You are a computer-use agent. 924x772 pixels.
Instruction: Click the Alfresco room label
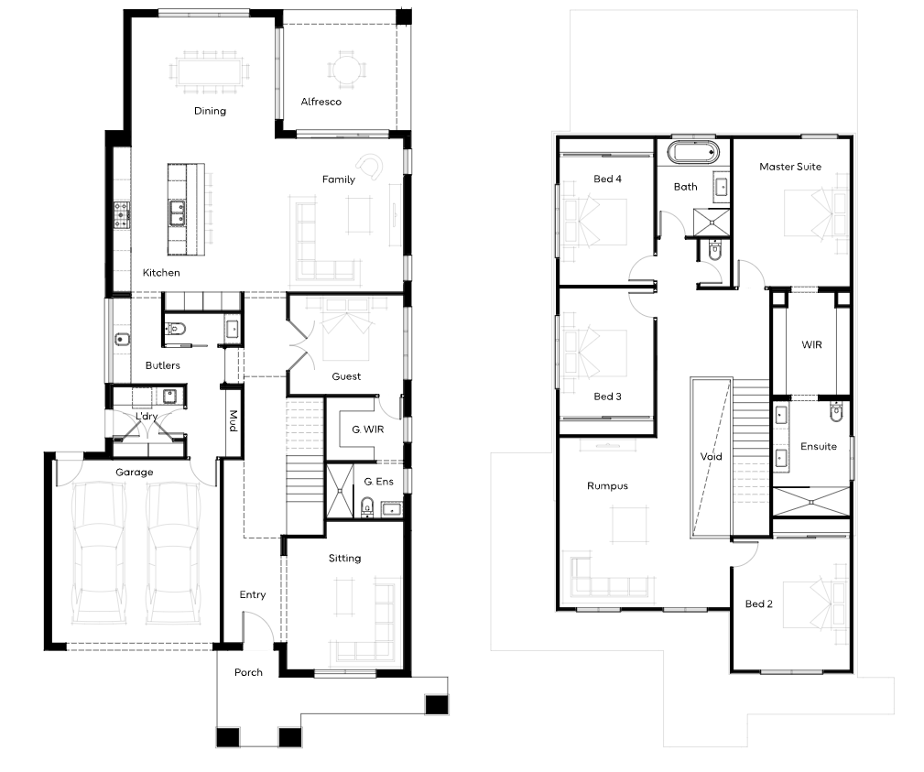tap(321, 102)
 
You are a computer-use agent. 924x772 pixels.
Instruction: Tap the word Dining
tap(210, 111)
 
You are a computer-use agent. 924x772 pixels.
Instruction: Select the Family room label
tap(338, 179)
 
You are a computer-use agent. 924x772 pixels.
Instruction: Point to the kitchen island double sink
tap(177, 213)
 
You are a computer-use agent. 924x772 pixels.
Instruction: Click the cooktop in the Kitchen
tap(122, 215)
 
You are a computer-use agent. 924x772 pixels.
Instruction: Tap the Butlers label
tap(163, 365)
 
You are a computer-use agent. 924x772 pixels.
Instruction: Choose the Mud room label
tap(234, 420)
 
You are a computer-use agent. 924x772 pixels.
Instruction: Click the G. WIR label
tap(368, 429)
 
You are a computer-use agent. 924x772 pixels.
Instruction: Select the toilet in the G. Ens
tap(367, 506)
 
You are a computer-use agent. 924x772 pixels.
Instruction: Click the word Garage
tap(135, 472)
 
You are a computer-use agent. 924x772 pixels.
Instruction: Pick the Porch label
tap(248, 672)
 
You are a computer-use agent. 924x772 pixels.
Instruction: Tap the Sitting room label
tap(344, 558)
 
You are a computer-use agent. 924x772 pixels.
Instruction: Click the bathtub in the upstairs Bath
tap(693, 153)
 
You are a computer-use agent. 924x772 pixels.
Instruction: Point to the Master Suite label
tap(790, 167)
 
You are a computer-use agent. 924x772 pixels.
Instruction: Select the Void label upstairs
tap(712, 457)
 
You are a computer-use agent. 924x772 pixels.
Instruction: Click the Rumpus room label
tap(607, 486)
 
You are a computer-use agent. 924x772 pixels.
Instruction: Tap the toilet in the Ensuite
tap(836, 412)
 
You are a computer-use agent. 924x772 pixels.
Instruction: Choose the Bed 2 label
tap(759, 604)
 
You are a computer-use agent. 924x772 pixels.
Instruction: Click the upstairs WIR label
tap(811, 344)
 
